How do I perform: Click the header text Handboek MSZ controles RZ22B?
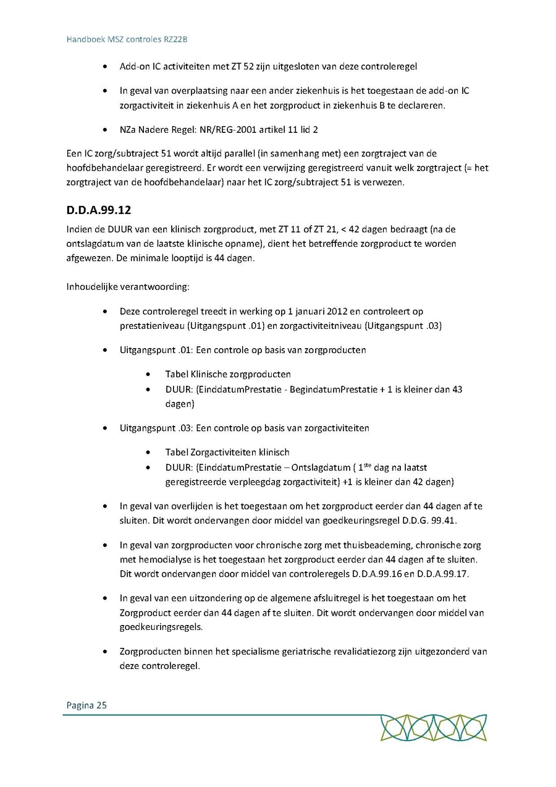click(x=127, y=39)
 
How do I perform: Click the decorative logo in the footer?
click(x=433, y=727)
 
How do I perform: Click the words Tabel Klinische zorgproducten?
click(x=228, y=374)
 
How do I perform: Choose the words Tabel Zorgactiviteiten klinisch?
click(x=227, y=452)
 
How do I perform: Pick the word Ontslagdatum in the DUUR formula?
click(x=320, y=468)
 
